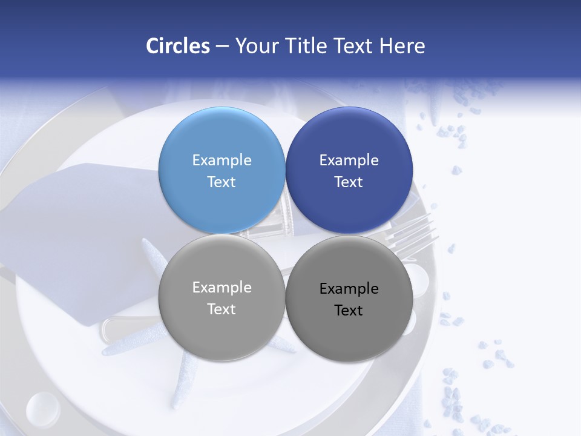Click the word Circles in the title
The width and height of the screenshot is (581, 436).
pyautogui.click(x=178, y=46)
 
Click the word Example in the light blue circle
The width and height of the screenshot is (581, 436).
pyautogui.click(x=222, y=160)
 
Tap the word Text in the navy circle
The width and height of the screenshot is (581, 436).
pyautogui.click(x=349, y=182)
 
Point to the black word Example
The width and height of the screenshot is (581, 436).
pyautogui.click(x=349, y=289)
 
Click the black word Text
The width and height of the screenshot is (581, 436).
pyautogui.click(x=349, y=311)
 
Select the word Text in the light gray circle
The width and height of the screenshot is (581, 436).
pyautogui.click(x=222, y=309)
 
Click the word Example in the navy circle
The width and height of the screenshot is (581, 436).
pyautogui.click(x=349, y=160)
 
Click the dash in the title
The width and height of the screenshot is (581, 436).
pyautogui.click(x=222, y=46)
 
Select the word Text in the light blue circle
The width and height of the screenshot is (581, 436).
pyautogui.click(x=222, y=182)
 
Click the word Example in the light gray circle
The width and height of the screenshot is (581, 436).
pyautogui.click(x=222, y=288)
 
